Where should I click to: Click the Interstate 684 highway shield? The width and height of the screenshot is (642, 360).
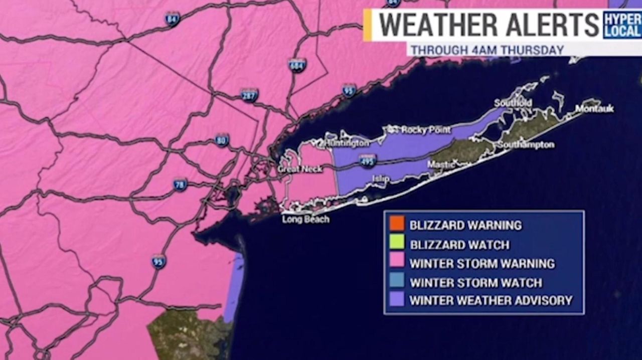297,65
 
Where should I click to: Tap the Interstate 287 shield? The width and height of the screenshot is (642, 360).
249,95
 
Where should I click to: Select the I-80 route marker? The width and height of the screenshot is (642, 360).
222,140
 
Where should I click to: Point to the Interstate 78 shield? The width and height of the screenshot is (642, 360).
180,185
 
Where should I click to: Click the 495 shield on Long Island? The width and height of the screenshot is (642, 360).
368,161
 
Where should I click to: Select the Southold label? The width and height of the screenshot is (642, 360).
513,103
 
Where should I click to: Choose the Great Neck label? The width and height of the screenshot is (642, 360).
300,169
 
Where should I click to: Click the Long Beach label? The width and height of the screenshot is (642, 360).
305,219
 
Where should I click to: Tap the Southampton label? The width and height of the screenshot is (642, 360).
526,145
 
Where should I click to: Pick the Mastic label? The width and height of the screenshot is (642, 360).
441,164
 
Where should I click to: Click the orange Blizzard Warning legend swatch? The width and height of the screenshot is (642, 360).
396,224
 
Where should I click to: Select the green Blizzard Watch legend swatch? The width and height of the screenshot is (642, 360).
396,244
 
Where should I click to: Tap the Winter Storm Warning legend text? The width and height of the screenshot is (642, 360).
482,263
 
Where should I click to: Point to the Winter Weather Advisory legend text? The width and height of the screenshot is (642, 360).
491,300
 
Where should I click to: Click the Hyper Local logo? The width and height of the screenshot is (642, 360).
622,24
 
